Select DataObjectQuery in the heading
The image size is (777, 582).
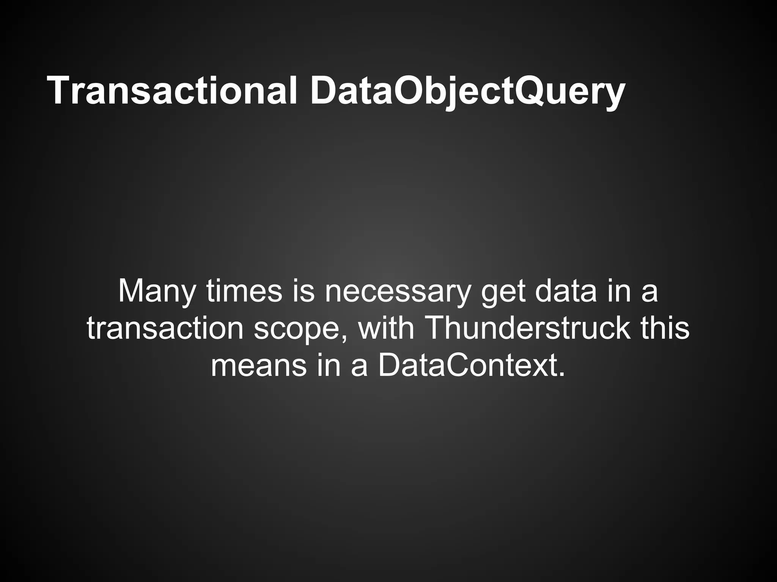point(467,91)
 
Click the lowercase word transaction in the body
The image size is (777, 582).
point(165,328)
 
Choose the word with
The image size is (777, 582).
point(386,328)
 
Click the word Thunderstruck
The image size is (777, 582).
point(528,328)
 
